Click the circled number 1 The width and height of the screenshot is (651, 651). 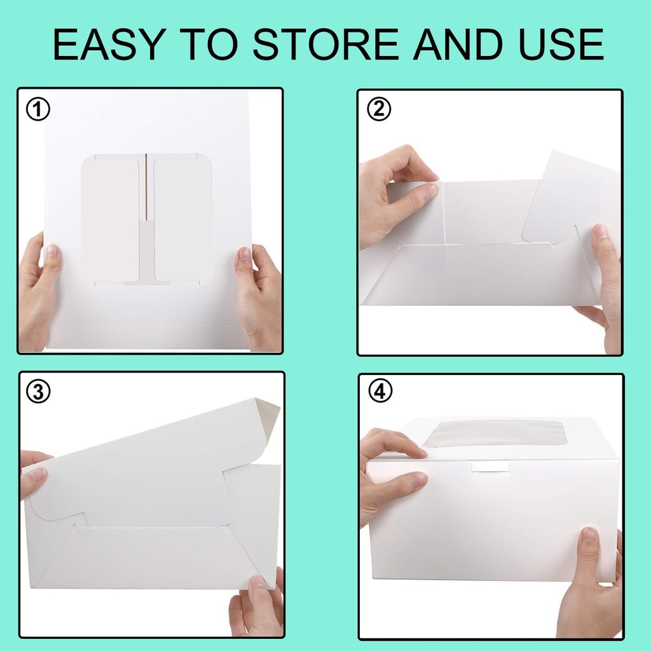click(38, 110)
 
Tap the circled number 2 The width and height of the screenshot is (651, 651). click(380, 110)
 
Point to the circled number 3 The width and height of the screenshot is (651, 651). click(38, 393)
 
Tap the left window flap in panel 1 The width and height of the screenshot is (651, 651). click(110, 219)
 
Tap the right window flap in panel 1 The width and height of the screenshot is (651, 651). click(184, 219)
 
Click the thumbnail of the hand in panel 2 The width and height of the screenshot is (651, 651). click(430, 189)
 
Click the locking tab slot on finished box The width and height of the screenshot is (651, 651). click(490, 467)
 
